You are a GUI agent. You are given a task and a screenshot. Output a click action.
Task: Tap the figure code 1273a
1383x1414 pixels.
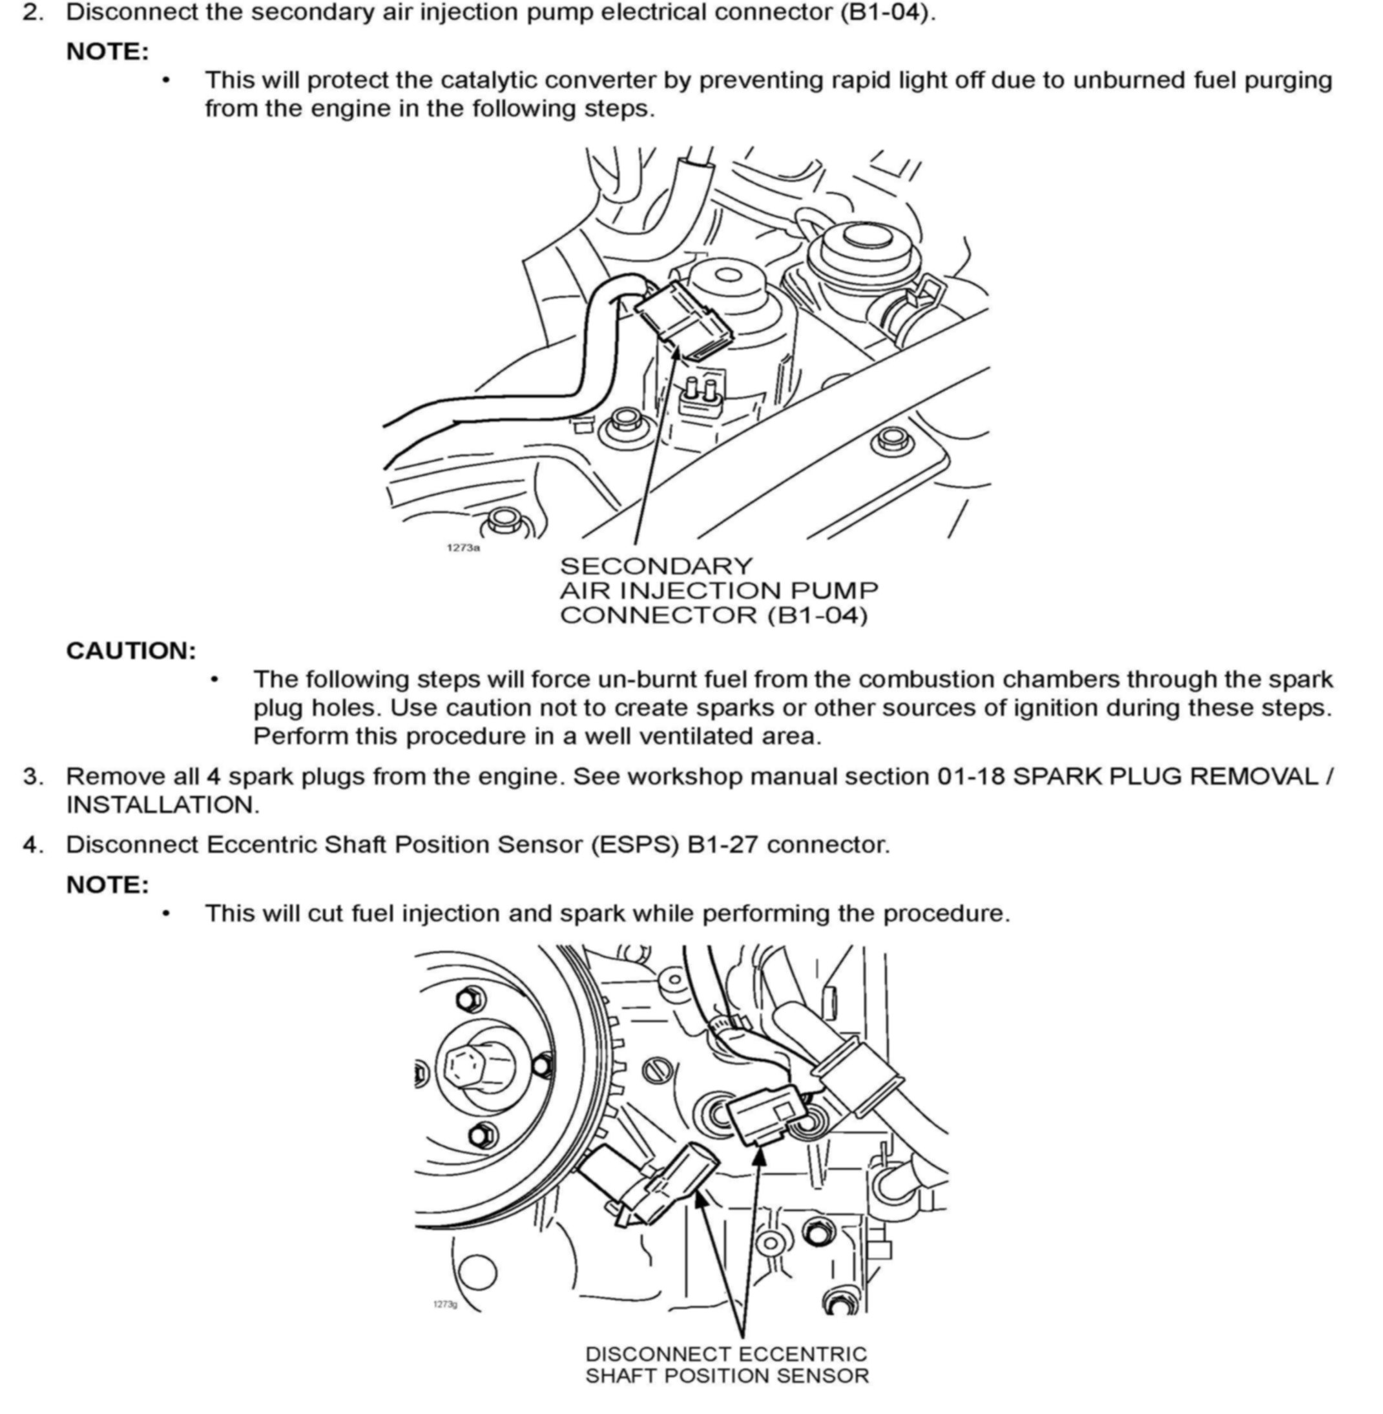pyautogui.click(x=463, y=547)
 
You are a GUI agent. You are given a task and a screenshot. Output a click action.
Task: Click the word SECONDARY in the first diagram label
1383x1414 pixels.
pyautogui.click(x=656, y=566)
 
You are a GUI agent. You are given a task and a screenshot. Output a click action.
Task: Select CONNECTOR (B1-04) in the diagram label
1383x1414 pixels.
pyautogui.click(x=713, y=615)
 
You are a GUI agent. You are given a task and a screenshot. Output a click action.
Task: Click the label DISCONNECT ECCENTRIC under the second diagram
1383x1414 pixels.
pyautogui.click(x=725, y=1355)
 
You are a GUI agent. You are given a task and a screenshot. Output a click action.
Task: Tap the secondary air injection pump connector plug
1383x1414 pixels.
pyautogui.click(x=683, y=320)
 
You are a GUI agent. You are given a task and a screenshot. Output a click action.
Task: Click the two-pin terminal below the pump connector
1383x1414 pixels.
pyautogui.click(x=700, y=397)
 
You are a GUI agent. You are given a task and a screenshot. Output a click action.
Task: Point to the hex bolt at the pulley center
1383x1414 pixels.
pyautogui.click(x=468, y=1065)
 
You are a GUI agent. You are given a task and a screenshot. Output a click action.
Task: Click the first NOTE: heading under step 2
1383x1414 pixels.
pyautogui.click(x=107, y=52)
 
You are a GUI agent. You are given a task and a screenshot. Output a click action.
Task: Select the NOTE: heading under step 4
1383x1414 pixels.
pyautogui.click(x=107, y=884)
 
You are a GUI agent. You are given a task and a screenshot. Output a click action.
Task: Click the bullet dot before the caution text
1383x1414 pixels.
pyautogui.click(x=214, y=680)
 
